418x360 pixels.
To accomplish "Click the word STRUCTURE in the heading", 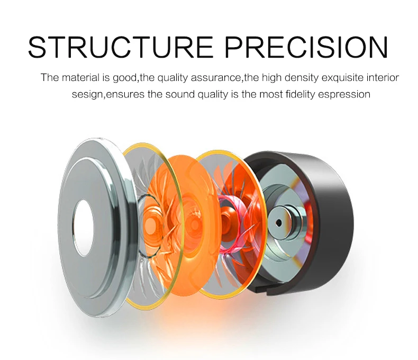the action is coord(121,48).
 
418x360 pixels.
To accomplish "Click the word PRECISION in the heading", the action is coord(306,48).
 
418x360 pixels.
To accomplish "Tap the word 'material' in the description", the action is coord(81,78).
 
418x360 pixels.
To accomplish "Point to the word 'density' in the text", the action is coord(302,78).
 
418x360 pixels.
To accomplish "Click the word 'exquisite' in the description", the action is coord(342,78).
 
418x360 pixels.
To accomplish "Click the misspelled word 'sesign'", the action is coord(87,95).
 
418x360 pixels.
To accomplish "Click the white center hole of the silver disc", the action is coord(84,228).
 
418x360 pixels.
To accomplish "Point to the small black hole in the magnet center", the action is coord(279,222).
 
